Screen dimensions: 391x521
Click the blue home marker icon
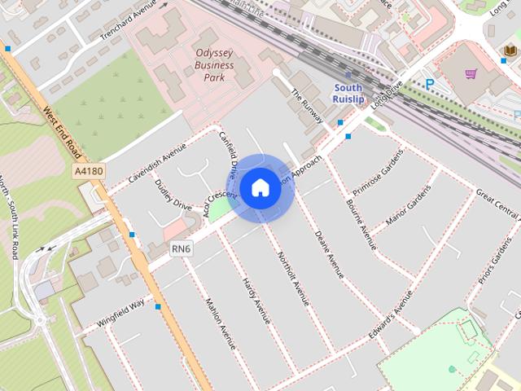click(x=260, y=188)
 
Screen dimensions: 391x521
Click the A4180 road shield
click(x=89, y=172)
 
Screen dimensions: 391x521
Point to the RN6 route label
click(x=181, y=246)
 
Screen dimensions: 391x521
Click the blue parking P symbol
click(x=429, y=83)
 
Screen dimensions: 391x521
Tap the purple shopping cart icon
click(x=471, y=74)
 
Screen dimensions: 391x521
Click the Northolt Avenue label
click(x=293, y=280)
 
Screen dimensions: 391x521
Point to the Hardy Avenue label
click(x=256, y=301)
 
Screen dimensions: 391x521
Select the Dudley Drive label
click(x=173, y=193)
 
